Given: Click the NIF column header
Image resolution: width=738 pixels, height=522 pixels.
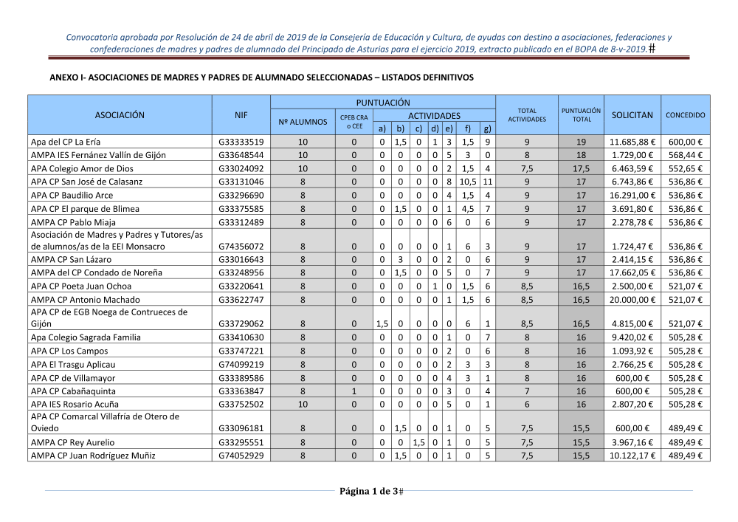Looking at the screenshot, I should [241, 115].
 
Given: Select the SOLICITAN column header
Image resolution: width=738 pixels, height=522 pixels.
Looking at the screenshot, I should [632, 115].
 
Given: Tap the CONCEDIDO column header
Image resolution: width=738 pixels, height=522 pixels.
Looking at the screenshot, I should [685, 115].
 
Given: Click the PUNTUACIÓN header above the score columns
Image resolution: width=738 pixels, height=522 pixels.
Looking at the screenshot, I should [383, 103].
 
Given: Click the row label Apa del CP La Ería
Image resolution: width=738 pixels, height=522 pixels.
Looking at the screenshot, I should [66, 142].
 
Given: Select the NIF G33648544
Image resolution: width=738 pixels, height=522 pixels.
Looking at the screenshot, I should [241, 155].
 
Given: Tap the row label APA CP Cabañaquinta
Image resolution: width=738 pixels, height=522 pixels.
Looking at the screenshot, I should [72, 391].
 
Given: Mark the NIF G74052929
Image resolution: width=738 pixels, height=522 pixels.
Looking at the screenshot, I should [241, 456].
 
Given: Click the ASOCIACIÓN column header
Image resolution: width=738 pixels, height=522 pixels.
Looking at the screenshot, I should [120, 115].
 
